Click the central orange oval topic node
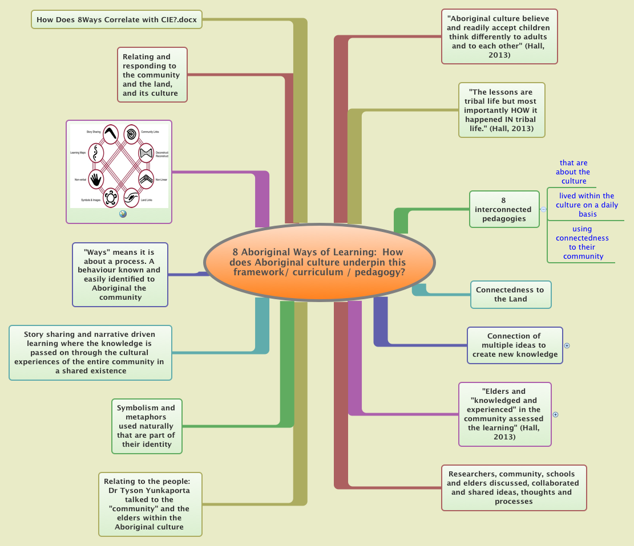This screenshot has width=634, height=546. point(319,262)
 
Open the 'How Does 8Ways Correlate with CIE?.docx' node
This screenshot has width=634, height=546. point(116,20)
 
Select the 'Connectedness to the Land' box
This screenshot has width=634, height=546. point(510,294)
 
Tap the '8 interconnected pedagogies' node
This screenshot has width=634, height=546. point(503,209)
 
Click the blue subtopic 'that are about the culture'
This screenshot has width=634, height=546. point(574,172)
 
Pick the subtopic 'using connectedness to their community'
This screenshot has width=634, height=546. point(582,243)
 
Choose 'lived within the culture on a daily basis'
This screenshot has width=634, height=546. point(587,205)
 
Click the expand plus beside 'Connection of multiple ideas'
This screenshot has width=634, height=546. point(567,345)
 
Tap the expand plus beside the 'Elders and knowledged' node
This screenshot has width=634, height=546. point(555,414)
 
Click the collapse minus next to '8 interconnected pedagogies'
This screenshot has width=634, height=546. point(543,209)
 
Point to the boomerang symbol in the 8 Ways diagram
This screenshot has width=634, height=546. point(110,133)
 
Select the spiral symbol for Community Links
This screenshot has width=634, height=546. point(132,133)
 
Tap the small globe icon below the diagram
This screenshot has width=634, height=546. point(123,214)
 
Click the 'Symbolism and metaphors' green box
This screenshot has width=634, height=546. point(146,426)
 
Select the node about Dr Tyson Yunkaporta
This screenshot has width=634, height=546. point(150,504)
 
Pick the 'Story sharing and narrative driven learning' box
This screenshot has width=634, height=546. point(90,352)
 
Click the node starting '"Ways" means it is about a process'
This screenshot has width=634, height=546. point(120,274)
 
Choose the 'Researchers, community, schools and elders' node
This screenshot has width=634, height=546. point(514,487)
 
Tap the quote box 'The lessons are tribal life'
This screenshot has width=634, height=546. point(501,110)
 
